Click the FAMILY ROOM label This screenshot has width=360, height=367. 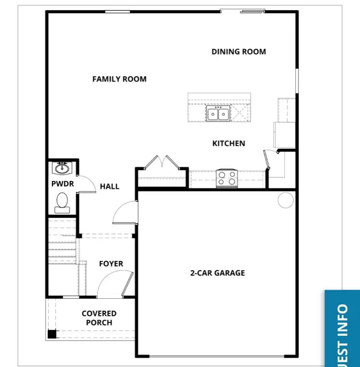click(119, 79)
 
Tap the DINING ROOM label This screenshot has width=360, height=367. click(238, 52)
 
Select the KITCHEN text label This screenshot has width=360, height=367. click(228, 144)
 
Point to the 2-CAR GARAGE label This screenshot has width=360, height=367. click(217, 273)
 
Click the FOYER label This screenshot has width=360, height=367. click(111, 264)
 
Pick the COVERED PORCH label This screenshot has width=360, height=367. click(99, 318)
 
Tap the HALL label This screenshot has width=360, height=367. click(109, 186)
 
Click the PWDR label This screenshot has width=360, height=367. click(60, 184)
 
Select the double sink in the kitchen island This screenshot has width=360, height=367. click(218, 113)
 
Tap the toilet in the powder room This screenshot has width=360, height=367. click(62, 202)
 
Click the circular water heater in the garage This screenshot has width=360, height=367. click(286, 200)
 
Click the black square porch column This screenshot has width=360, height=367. click(52, 334)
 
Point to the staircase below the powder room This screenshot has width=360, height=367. click(62, 241)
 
